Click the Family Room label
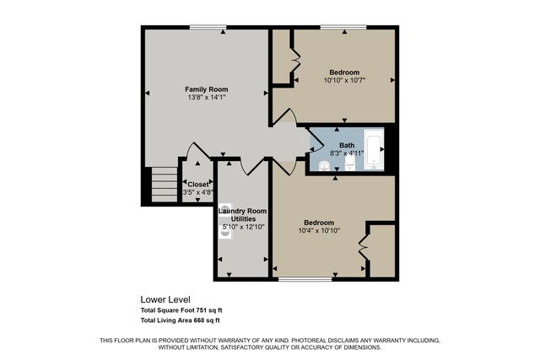(x=207, y=89)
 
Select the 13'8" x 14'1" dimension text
(x=207, y=98)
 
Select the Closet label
(x=197, y=184)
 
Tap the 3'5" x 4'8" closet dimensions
(x=197, y=193)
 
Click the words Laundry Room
(x=243, y=210)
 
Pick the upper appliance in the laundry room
(x=224, y=209)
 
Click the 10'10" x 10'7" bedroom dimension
(x=343, y=81)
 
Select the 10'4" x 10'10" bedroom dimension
(x=319, y=230)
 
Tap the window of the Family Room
(x=207, y=28)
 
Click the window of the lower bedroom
(x=305, y=278)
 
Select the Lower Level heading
(x=165, y=299)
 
